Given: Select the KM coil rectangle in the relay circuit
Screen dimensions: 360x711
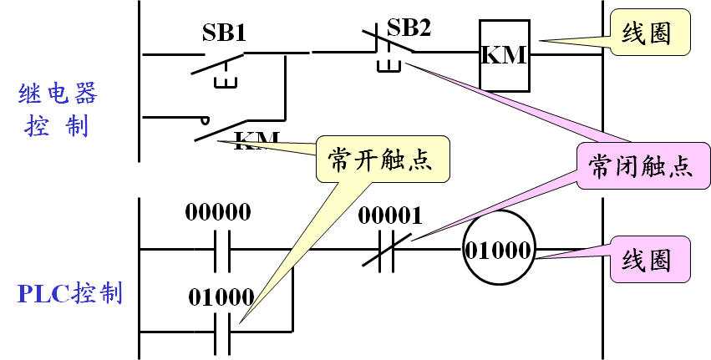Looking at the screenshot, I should click(x=504, y=55).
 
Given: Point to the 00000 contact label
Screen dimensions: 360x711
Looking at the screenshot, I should click(x=218, y=212).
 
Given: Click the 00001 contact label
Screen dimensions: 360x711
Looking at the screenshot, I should click(x=390, y=215).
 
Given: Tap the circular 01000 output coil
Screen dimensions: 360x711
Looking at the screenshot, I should click(x=500, y=249).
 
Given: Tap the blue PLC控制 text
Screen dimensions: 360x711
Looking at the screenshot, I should click(x=72, y=293).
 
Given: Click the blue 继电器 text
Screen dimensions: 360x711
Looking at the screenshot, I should click(x=58, y=93).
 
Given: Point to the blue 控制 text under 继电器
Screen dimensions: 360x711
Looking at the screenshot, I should click(x=58, y=127).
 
